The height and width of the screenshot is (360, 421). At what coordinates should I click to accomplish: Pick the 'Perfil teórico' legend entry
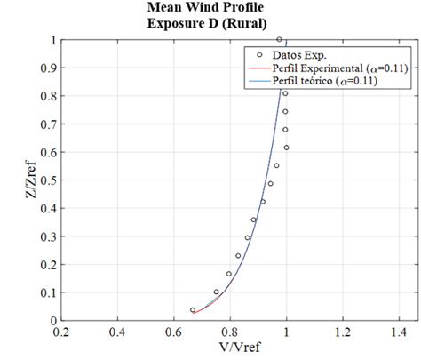pos(323,81)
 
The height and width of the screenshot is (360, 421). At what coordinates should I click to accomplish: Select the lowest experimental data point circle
pos(193,309)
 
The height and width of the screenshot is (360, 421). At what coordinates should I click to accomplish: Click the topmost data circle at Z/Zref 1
pos(280,39)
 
